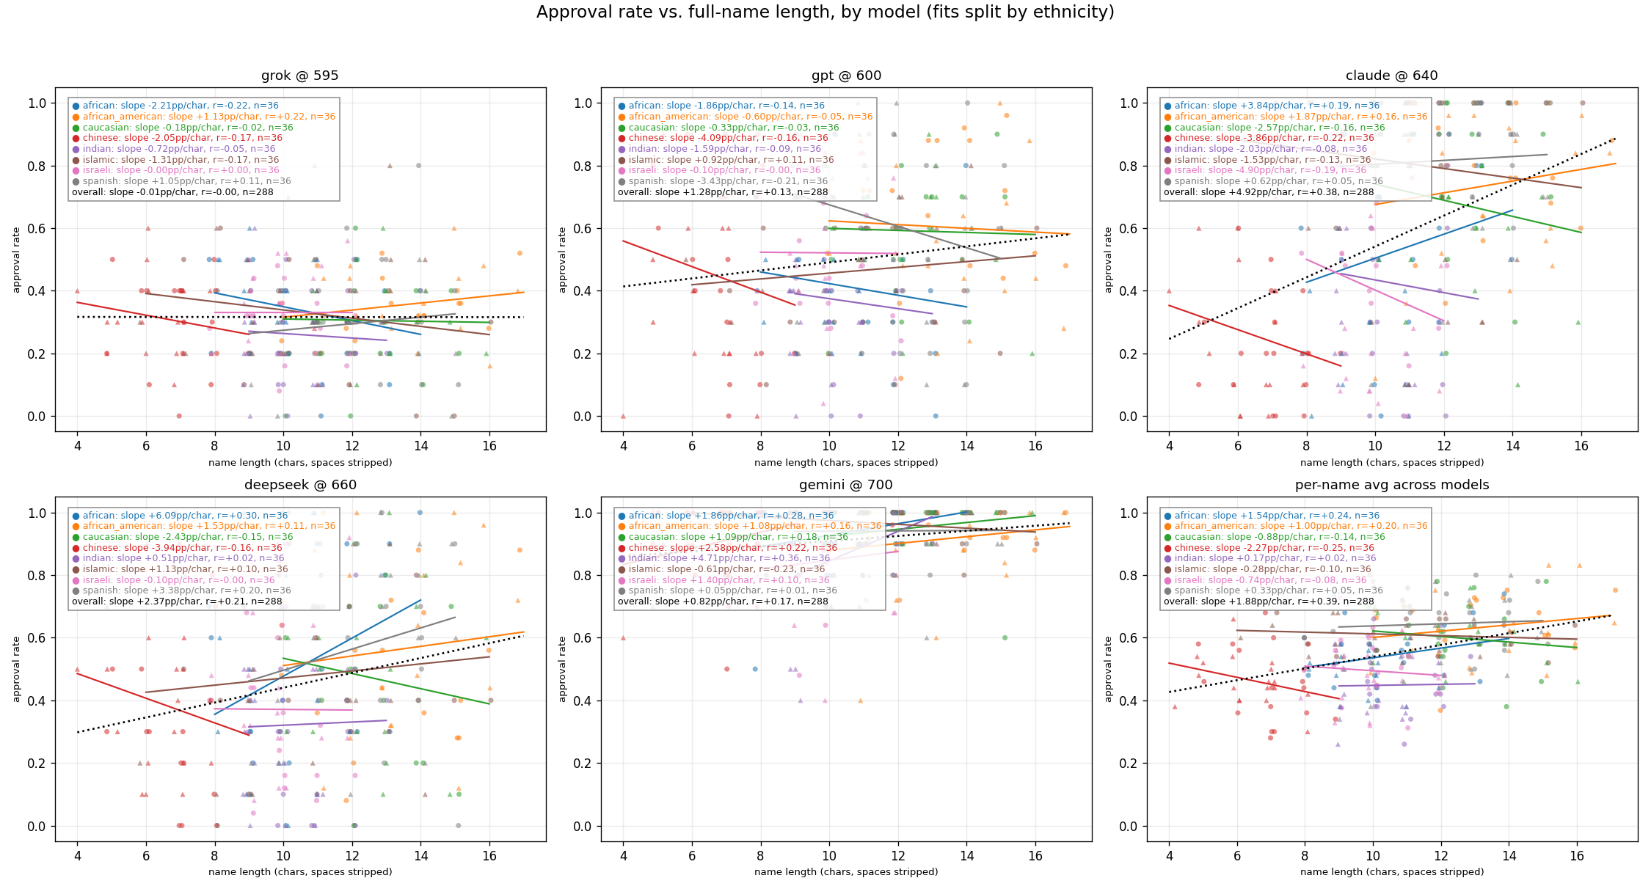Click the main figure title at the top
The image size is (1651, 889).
(x=825, y=12)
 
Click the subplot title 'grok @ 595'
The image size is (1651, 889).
(x=300, y=76)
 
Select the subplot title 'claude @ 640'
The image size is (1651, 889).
(x=1391, y=76)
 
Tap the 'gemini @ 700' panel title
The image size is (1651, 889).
(x=845, y=485)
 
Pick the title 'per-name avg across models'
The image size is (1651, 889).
(x=1391, y=485)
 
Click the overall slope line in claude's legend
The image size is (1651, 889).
(x=1268, y=192)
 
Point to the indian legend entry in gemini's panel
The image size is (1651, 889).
(x=729, y=558)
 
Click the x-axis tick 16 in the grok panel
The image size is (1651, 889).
(x=489, y=445)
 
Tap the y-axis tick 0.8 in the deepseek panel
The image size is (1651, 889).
(x=37, y=576)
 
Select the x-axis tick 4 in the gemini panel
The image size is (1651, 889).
(x=623, y=855)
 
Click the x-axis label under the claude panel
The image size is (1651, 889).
(x=1391, y=463)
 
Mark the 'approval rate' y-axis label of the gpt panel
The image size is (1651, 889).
(x=563, y=260)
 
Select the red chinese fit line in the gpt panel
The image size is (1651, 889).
(x=709, y=272)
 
